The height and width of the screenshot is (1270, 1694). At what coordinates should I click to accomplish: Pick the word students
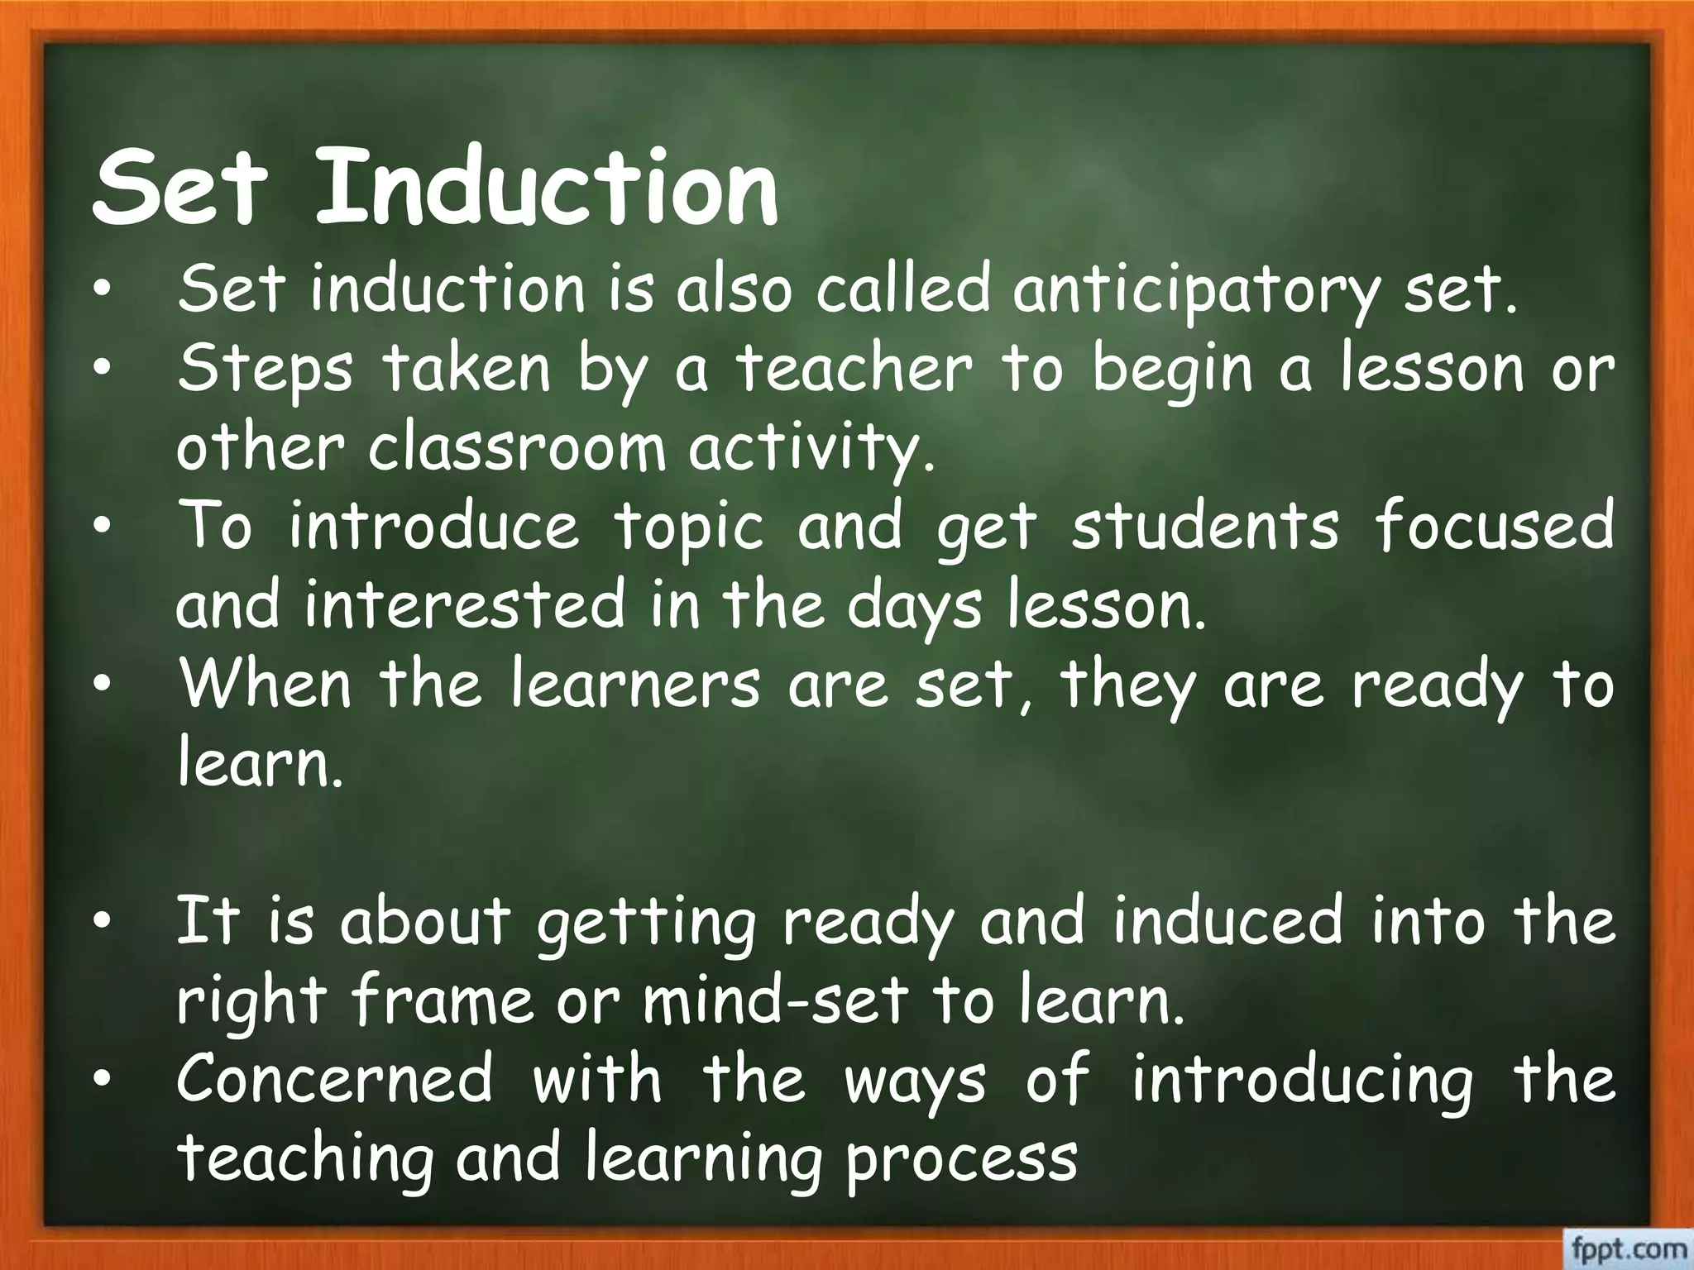tap(1204, 527)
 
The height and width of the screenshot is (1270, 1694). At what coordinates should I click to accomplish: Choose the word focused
tap(1494, 527)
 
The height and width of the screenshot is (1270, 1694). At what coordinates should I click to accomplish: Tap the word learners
tap(634, 685)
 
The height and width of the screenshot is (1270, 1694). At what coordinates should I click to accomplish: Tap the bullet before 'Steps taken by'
tap(102, 370)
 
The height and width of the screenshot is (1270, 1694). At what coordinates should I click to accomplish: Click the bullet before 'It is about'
tap(102, 924)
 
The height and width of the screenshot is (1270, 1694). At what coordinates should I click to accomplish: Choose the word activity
tap(812, 450)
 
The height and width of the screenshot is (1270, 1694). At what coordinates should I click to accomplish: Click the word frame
tap(443, 1001)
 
